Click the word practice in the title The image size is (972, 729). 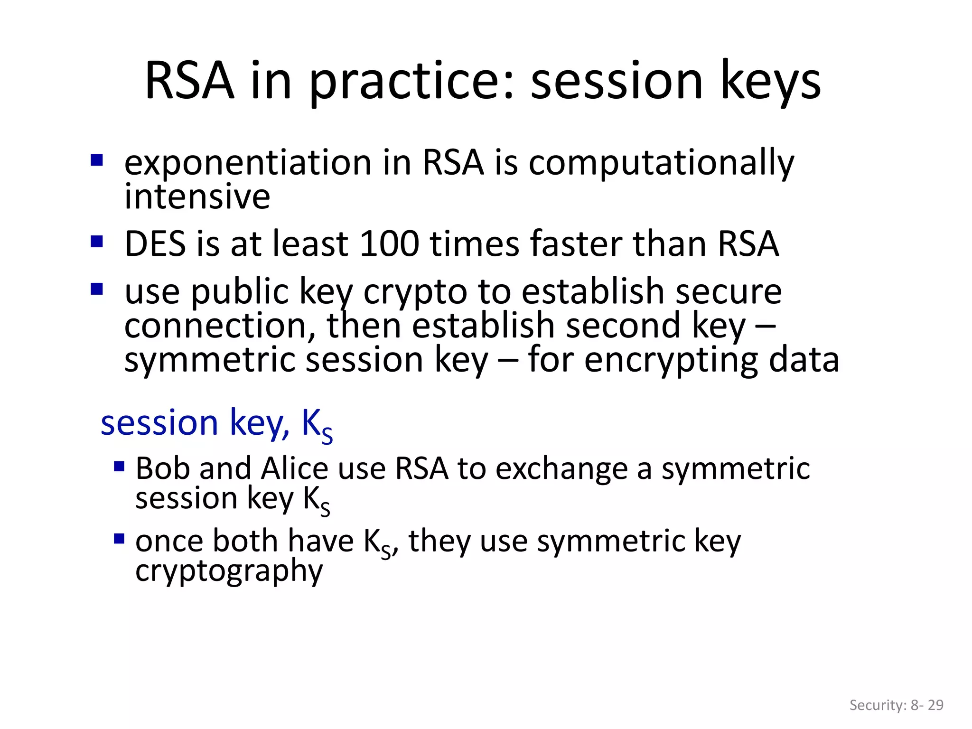(x=411, y=82)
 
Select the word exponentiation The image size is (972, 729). (x=247, y=163)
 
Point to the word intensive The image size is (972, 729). (x=197, y=197)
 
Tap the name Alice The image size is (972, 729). (x=294, y=469)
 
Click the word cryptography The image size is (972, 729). (x=229, y=571)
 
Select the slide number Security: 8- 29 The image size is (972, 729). (x=896, y=705)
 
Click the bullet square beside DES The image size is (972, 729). (x=97, y=242)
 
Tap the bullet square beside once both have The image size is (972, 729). (x=119, y=539)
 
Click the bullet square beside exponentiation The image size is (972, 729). (x=97, y=160)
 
